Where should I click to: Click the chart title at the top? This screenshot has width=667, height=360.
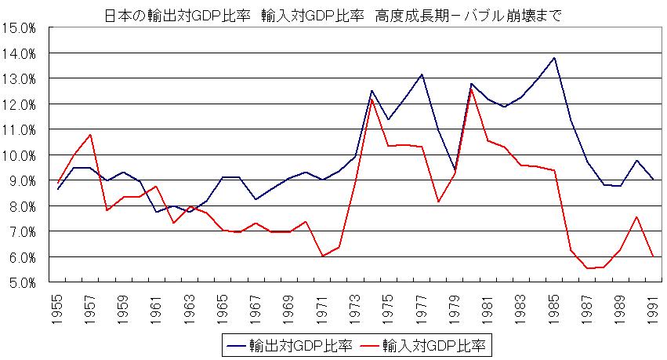pos(332,15)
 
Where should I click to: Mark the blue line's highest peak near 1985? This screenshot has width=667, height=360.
pos(555,57)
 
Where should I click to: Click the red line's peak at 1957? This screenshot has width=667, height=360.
pos(91,135)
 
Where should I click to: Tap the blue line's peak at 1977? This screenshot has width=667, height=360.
pos(422,75)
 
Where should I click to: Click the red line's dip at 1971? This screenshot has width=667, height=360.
pos(323,256)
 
